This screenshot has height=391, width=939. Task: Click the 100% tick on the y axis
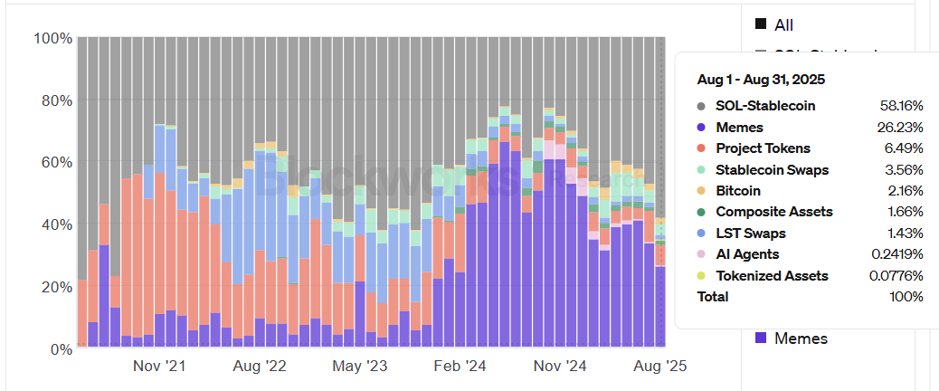click(x=52, y=38)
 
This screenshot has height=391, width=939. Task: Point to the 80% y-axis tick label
click(x=55, y=100)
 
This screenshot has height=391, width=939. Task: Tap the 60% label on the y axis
click(x=55, y=163)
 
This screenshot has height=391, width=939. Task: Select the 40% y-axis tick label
click(x=55, y=224)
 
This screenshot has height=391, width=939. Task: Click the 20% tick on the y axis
click(x=55, y=287)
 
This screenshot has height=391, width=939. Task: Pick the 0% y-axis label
click(x=60, y=348)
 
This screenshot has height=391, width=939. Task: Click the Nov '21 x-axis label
click(x=159, y=367)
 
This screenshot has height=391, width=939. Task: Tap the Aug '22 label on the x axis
click(x=259, y=367)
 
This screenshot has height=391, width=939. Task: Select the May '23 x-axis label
click(x=360, y=367)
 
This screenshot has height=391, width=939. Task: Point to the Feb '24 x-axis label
click(x=460, y=367)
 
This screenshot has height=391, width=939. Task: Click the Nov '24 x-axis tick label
click(x=561, y=367)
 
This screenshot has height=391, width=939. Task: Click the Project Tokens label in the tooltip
click(x=763, y=148)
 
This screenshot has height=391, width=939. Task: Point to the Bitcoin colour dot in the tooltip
click(x=702, y=191)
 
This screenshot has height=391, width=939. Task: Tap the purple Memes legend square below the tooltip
click(x=761, y=338)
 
